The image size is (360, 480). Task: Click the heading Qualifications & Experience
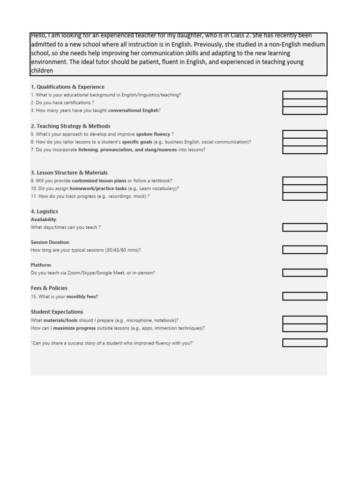[x=67, y=87]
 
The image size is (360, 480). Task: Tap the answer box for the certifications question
[x=305, y=103]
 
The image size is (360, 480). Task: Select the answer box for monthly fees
[x=305, y=296]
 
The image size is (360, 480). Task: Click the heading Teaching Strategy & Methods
[x=70, y=126]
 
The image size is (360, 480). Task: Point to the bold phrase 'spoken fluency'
[x=153, y=134]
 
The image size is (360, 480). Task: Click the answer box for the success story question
[x=305, y=343]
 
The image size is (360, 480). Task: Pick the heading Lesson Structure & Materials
[x=69, y=172]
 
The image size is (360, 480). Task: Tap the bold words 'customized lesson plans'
[x=99, y=180]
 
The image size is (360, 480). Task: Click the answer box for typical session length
[x=305, y=250]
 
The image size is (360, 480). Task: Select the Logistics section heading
[x=45, y=211]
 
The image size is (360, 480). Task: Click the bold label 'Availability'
[x=44, y=219]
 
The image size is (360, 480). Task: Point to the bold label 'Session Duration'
[x=50, y=242]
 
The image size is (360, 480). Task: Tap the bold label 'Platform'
[x=41, y=265]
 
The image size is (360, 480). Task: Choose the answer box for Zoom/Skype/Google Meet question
[x=305, y=273]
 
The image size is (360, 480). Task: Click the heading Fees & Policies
[x=49, y=288]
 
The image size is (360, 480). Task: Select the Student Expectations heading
[x=57, y=312]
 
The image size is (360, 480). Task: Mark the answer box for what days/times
[x=305, y=227]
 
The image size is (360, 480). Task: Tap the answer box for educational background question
[x=305, y=95]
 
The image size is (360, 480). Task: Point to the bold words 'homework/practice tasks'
[x=98, y=188]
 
